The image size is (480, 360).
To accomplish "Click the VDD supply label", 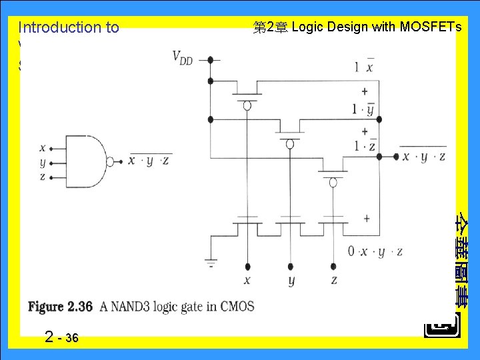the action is click(182, 57).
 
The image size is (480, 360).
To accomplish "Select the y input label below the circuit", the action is click(291, 281).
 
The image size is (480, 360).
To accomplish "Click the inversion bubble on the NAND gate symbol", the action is click(111, 160).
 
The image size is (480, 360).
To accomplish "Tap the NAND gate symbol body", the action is click(90, 160).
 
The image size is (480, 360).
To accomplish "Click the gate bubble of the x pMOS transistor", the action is click(247, 105).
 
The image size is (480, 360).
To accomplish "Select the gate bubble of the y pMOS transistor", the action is click(290, 143).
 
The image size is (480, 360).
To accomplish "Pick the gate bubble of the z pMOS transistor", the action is click(333, 182).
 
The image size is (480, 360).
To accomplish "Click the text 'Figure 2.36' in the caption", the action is click(60, 307).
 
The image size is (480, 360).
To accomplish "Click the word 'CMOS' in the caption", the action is click(237, 307).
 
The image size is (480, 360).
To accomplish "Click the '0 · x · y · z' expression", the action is click(375, 251).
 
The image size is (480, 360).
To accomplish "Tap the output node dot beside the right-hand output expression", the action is click(379, 157).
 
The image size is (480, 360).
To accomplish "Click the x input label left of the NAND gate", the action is click(43, 148).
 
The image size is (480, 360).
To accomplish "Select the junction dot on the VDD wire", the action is click(210, 59).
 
